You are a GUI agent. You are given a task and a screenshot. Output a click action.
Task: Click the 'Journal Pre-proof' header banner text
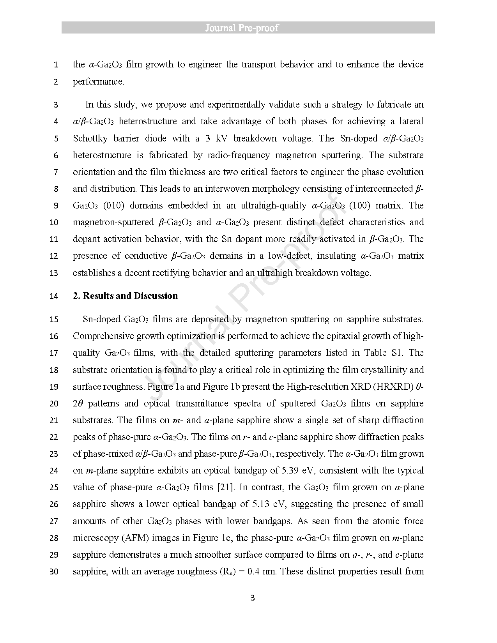click(248, 28)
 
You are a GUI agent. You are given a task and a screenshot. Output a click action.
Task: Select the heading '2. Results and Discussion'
click(125, 296)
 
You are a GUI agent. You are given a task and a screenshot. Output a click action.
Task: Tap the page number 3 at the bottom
click(252, 598)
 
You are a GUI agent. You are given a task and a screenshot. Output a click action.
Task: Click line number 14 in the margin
click(54, 296)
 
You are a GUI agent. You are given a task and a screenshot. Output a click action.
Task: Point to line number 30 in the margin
click(54, 572)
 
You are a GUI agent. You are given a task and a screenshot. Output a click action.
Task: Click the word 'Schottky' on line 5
click(90, 138)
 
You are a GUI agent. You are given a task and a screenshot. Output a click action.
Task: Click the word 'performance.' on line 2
click(99, 81)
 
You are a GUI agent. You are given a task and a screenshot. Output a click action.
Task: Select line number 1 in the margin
click(56, 65)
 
